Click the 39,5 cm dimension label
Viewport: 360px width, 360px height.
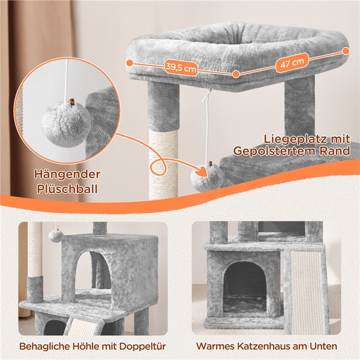pyautogui.click(x=181, y=68)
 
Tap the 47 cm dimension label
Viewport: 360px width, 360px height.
pyautogui.click(x=292, y=62)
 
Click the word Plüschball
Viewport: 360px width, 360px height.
pyautogui.click(x=67, y=189)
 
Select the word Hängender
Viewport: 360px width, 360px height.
pyautogui.click(x=67, y=174)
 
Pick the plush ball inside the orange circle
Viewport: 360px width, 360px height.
pyautogui.click(x=67, y=124)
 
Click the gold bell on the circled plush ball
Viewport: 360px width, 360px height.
pyautogui.click(x=71, y=102)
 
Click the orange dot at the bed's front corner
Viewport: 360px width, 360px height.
pyautogui.click(x=236, y=74)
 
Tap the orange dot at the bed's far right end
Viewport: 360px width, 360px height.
pyautogui.click(x=346, y=51)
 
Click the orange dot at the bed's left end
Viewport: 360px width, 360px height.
pyautogui.click(x=130, y=62)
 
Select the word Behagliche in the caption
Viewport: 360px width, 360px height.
pyautogui.click(x=44, y=346)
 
